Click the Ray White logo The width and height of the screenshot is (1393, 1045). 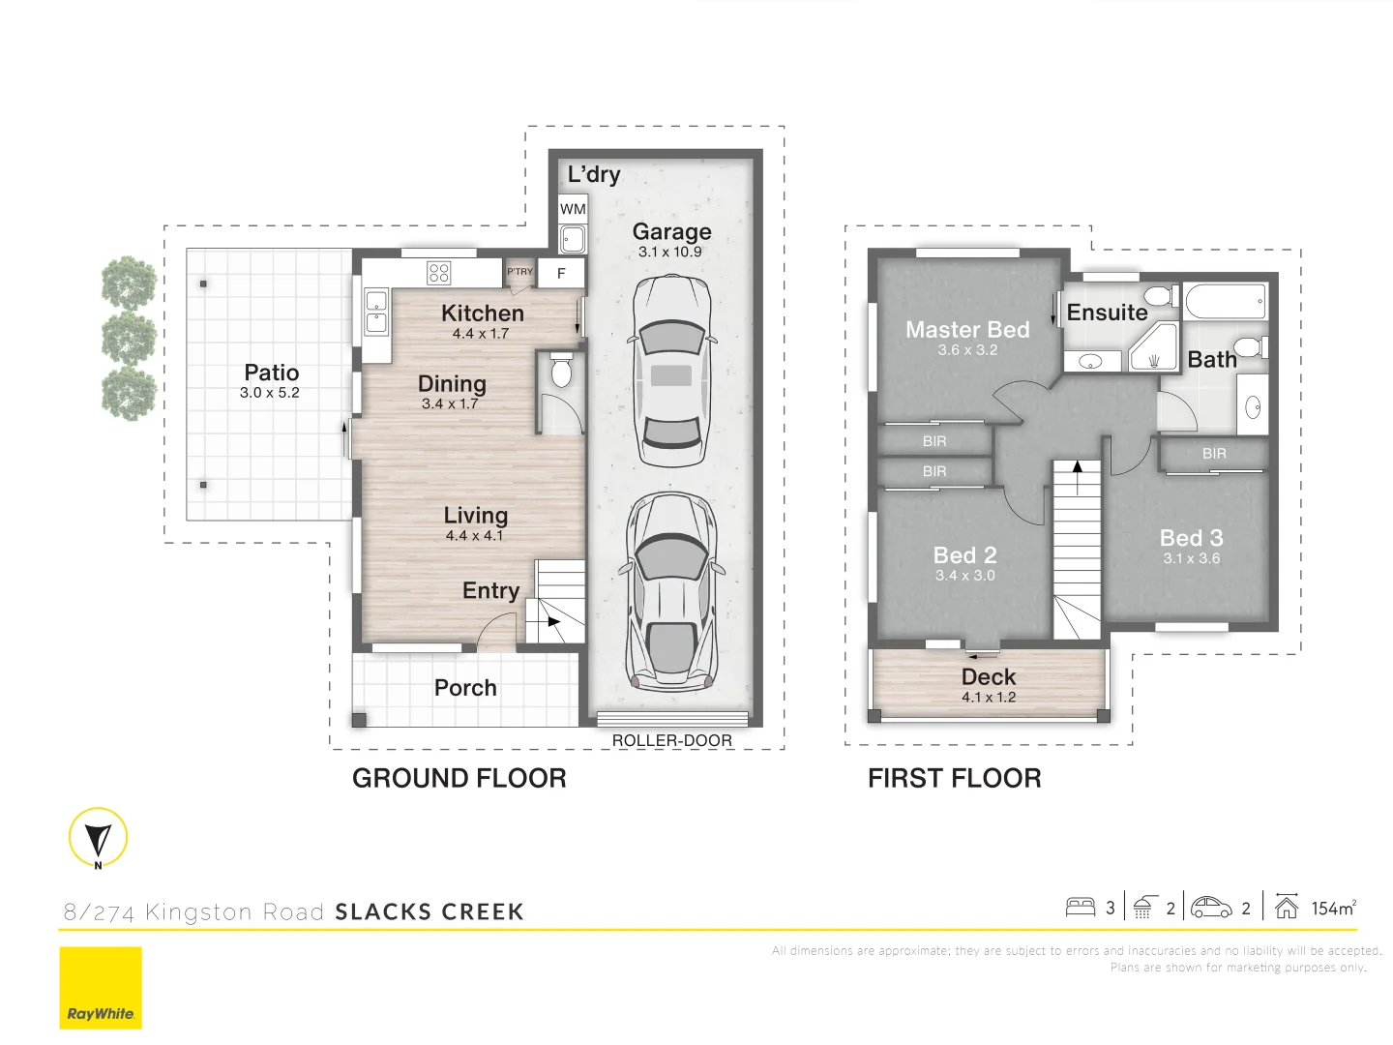click(x=101, y=988)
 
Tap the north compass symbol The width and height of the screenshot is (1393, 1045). click(x=98, y=837)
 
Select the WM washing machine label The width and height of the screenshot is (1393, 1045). click(x=573, y=209)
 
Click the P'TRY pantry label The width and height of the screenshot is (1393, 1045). click(x=520, y=272)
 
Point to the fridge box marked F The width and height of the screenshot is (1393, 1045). click(x=561, y=274)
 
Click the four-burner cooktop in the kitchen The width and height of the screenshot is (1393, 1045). click(x=438, y=273)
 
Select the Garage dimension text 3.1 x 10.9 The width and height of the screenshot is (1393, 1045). click(x=670, y=252)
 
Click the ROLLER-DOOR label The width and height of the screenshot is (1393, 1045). click(x=671, y=740)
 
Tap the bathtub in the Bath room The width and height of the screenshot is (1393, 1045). click(x=1225, y=301)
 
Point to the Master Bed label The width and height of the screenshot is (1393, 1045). click(x=967, y=330)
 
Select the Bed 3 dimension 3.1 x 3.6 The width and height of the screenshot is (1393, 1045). click(x=1192, y=558)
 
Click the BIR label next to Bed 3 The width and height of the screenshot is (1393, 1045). click(x=1214, y=454)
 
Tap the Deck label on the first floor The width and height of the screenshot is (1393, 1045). click(x=989, y=677)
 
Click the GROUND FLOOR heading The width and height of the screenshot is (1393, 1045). click(x=459, y=778)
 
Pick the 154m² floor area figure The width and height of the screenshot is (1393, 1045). click(x=1333, y=908)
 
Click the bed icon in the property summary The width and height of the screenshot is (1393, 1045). click(x=1080, y=908)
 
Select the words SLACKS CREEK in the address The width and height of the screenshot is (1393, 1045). click(x=430, y=911)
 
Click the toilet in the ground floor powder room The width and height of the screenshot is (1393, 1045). click(x=561, y=371)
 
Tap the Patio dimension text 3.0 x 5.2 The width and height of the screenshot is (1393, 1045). click(x=270, y=393)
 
